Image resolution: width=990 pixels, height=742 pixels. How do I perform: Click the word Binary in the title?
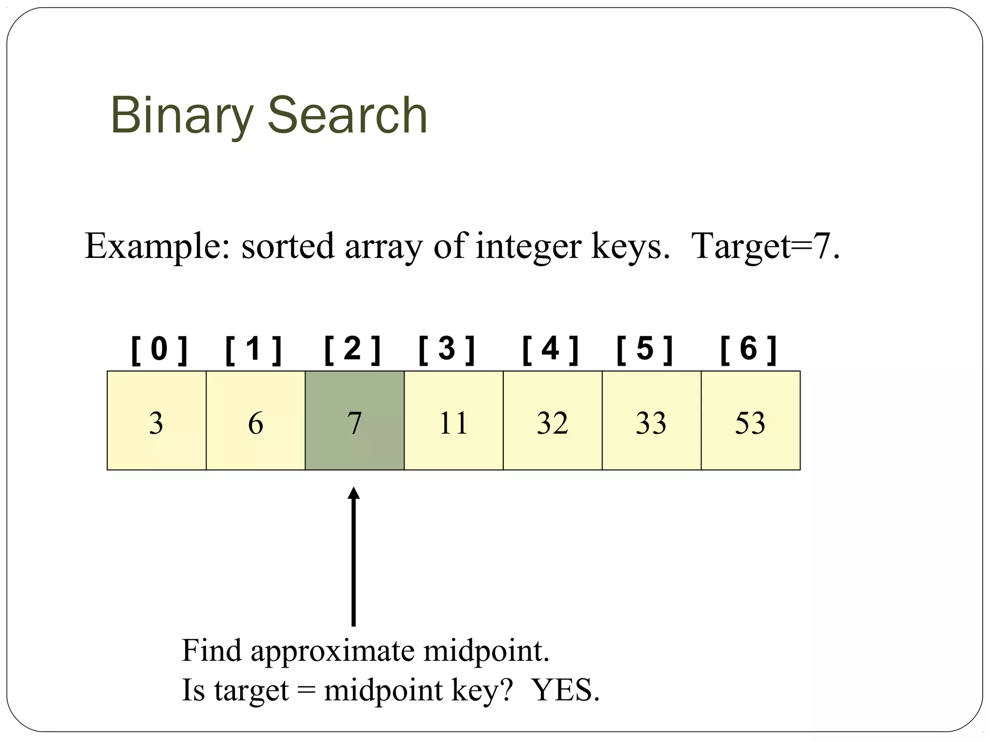coord(182,116)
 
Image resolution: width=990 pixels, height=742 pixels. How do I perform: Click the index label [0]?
coord(159,350)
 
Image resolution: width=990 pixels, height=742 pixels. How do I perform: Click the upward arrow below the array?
coord(354,556)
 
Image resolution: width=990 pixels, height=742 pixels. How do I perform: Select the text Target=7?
coord(766,246)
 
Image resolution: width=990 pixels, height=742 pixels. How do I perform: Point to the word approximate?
coord(333,651)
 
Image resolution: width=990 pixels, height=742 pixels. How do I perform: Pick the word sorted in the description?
coord(288,246)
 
